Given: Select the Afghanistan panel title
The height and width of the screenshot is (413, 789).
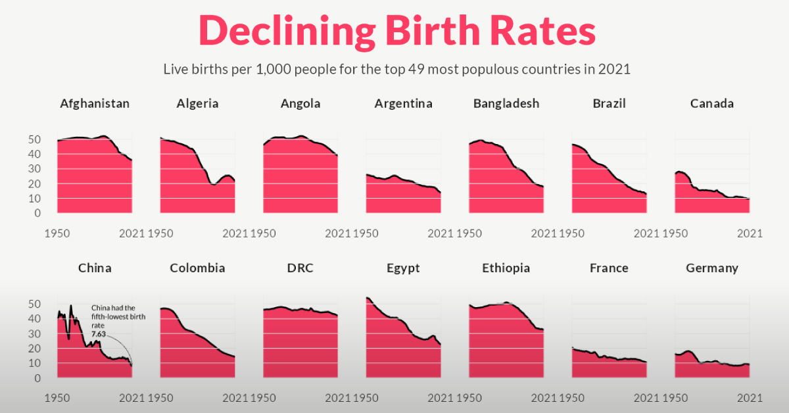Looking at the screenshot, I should coord(94,103).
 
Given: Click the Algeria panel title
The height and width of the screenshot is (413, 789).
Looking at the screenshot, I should coord(197,103).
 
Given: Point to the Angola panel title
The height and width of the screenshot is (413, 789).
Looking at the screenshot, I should coord(300,103).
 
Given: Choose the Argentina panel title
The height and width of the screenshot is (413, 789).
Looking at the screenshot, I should coord(403,103).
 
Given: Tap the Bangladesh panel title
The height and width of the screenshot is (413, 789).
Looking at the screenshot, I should coord(506,103).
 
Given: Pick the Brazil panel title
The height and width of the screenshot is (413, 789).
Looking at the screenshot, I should coord(609,103).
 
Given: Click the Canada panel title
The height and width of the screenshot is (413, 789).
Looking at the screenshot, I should coord(712,103).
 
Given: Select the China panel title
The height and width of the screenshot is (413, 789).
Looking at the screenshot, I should coord(94,268).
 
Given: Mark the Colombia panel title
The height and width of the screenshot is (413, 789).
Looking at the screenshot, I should coord(197,268).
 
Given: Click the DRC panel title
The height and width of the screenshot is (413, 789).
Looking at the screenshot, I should coord(300,268).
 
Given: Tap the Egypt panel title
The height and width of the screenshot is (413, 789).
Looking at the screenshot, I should coord(403,268).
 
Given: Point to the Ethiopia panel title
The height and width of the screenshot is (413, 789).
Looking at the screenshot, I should coord(506,268).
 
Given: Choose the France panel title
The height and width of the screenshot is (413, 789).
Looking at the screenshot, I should coord(609,268).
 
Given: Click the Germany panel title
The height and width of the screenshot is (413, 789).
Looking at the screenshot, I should coord(712,268).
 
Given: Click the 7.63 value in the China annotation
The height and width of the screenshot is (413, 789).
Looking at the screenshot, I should coord(99,334).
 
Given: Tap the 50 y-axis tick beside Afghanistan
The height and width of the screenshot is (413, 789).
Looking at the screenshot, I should coord(34,139).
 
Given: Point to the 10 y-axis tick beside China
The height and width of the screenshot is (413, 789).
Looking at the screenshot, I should coord(34,363).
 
